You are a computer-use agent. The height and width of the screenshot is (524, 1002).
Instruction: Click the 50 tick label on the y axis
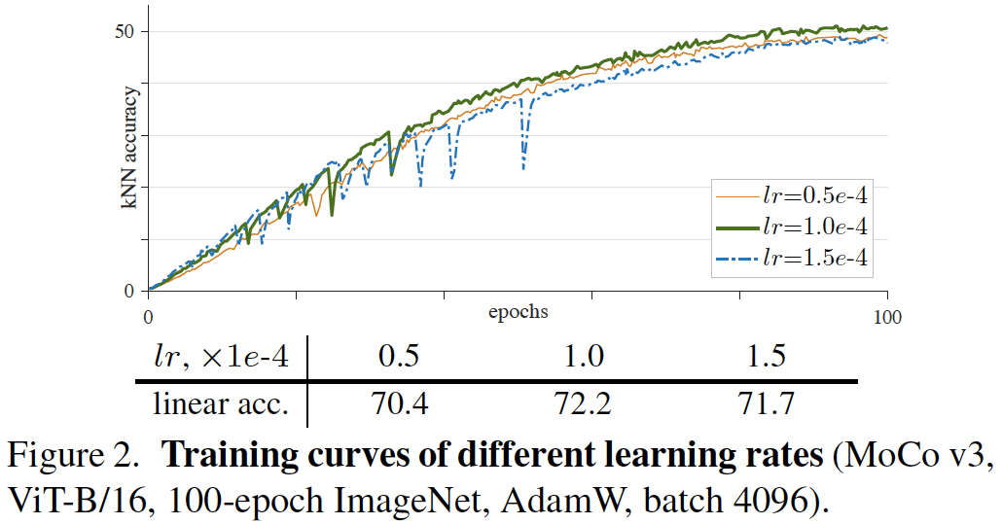click(x=125, y=31)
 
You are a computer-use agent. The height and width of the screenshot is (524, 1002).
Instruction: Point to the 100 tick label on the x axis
click(x=886, y=316)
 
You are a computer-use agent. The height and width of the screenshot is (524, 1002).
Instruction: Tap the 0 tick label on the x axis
click(x=148, y=316)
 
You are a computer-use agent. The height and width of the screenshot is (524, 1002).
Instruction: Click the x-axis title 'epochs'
click(x=518, y=312)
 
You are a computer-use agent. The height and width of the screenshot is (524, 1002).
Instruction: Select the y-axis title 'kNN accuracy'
click(x=128, y=147)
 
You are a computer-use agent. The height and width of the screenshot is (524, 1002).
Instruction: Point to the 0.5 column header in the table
click(x=399, y=357)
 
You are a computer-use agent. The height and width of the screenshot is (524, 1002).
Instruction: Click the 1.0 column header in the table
click(x=585, y=357)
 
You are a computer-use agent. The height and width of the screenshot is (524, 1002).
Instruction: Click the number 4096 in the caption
click(x=763, y=499)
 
